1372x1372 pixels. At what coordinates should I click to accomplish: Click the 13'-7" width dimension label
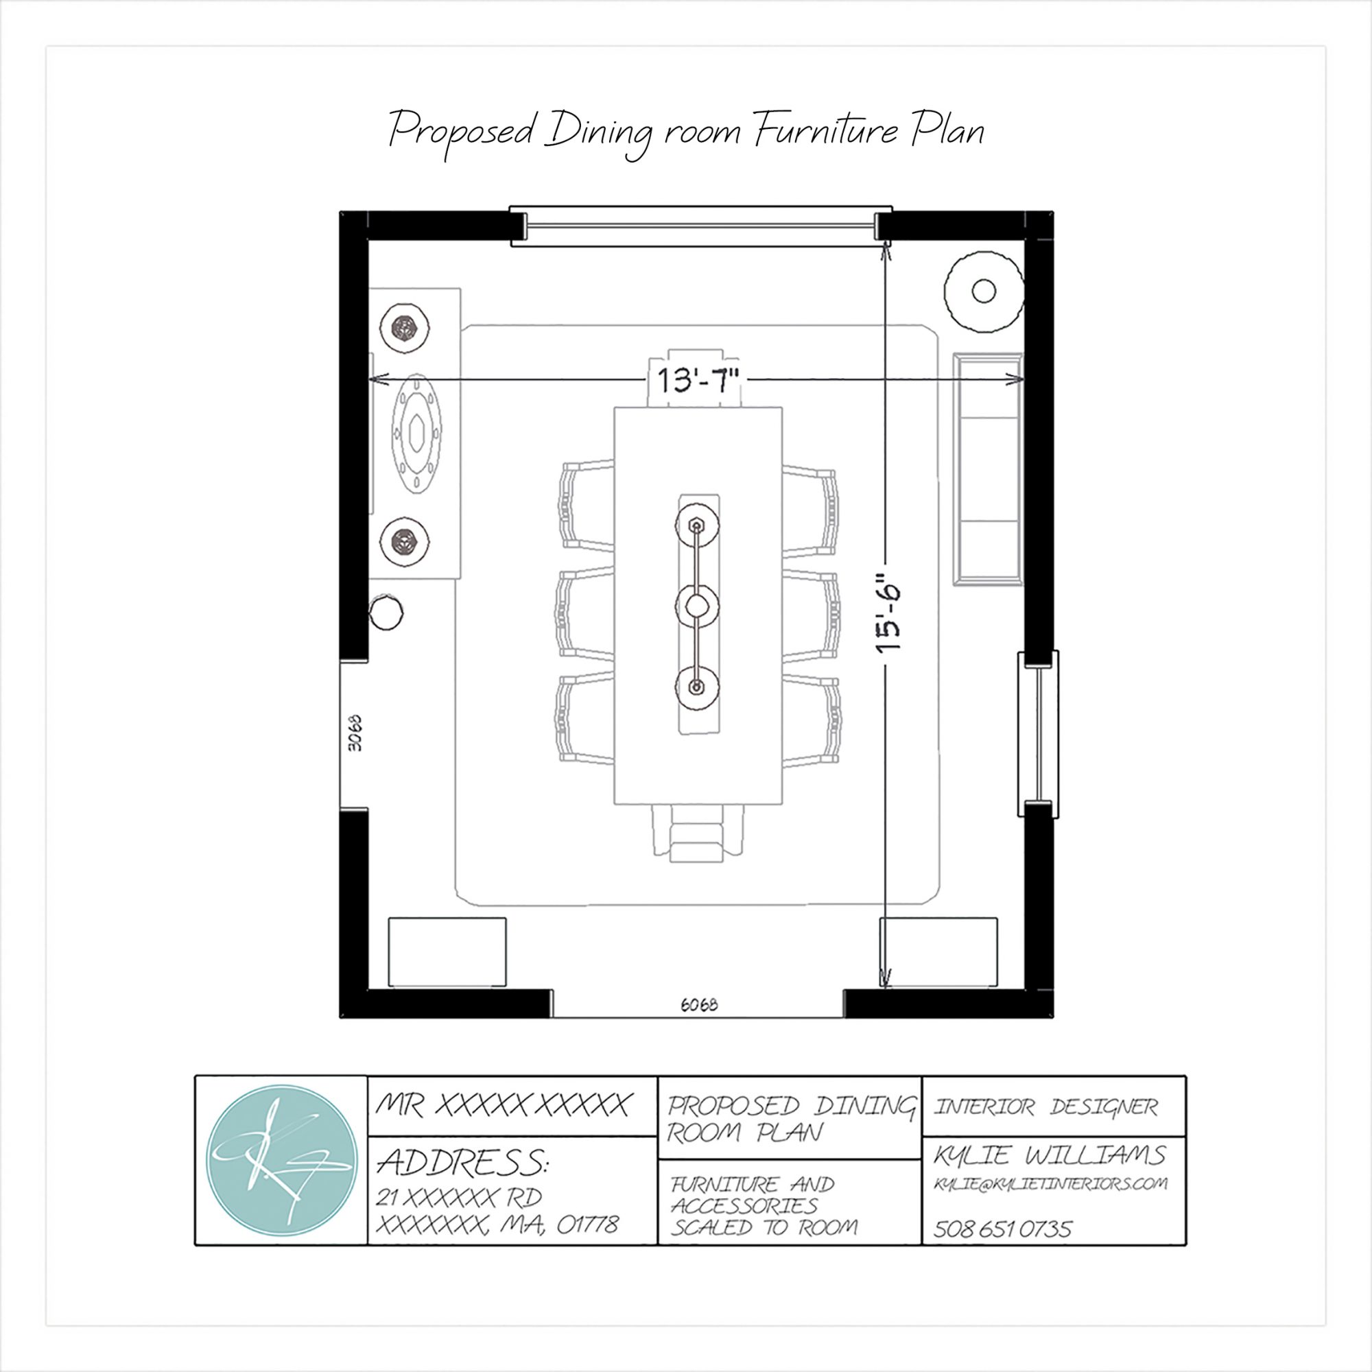pyautogui.click(x=698, y=381)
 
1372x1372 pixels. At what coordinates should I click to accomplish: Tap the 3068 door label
pyautogui.click(x=355, y=733)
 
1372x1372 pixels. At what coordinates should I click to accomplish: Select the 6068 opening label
pyautogui.click(x=699, y=1005)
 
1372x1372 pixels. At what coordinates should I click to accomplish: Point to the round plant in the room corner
pyautogui.click(x=984, y=290)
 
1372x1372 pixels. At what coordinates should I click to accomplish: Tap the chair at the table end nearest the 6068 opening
pyautogui.click(x=697, y=833)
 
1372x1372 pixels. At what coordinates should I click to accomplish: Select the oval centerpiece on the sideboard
pyautogui.click(x=416, y=432)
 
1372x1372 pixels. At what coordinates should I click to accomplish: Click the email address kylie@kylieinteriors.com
pyautogui.click(x=1050, y=1184)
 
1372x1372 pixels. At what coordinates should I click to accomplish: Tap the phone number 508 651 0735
pyautogui.click(x=1002, y=1229)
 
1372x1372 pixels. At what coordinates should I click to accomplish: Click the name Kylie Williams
pyautogui.click(x=1049, y=1155)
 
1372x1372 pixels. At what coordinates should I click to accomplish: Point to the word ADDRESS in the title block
pyautogui.click(x=462, y=1163)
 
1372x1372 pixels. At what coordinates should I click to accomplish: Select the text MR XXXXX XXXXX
pyautogui.click(x=503, y=1105)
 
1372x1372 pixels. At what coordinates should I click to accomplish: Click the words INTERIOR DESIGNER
pyautogui.click(x=1045, y=1107)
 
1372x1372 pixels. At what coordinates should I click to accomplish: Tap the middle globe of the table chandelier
pyautogui.click(x=697, y=606)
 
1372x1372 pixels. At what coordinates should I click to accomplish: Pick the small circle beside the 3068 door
pyautogui.click(x=386, y=612)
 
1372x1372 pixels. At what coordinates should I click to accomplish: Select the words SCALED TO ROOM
pyautogui.click(x=764, y=1227)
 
